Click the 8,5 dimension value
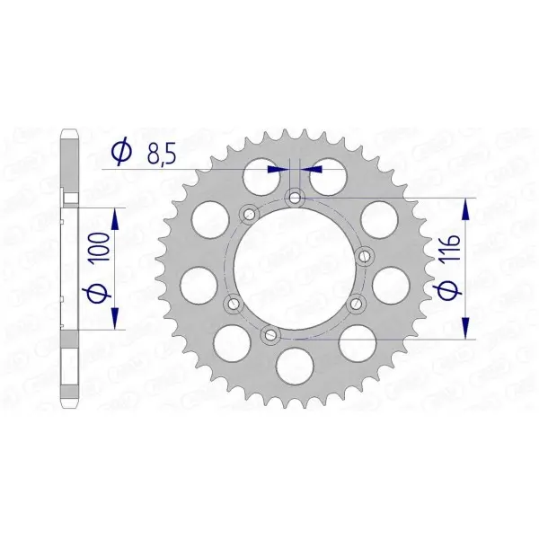click(x=162, y=155)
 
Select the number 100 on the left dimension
click(x=99, y=247)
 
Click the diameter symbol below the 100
click(x=99, y=290)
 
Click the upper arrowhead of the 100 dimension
click(x=115, y=220)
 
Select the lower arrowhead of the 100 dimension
click(x=115, y=318)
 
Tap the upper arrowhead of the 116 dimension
click(x=465, y=209)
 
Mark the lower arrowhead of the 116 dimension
click(x=465, y=328)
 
